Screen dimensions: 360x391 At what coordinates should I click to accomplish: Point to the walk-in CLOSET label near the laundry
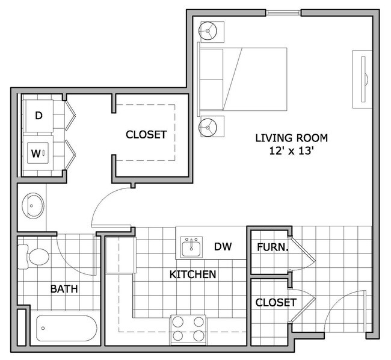click(146, 135)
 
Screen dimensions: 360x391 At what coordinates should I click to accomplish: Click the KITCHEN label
click(192, 275)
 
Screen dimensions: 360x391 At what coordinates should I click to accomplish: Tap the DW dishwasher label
click(223, 246)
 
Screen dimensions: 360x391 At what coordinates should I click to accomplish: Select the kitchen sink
click(194, 246)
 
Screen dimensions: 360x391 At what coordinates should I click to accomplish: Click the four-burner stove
click(188, 329)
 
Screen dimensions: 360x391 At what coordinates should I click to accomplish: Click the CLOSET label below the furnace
click(275, 302)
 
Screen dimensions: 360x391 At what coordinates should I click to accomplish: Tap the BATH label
click(64, 289)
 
